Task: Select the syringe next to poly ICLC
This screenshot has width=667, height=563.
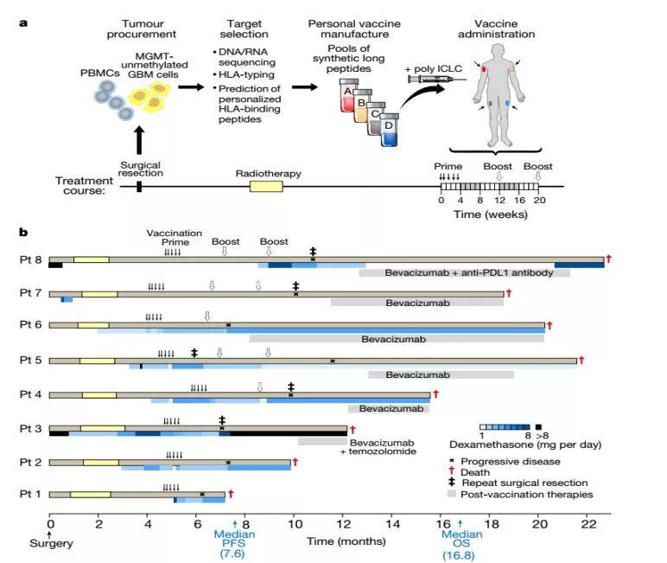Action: tap(429, 78)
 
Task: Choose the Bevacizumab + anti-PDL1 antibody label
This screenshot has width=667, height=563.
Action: tap(464, 272)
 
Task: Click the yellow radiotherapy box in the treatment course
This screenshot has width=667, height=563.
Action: tap(266, 186)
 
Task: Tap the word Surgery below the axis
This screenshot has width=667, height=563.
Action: tap(49, 543)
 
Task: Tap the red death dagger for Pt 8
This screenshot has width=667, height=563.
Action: tap(609, 259)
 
